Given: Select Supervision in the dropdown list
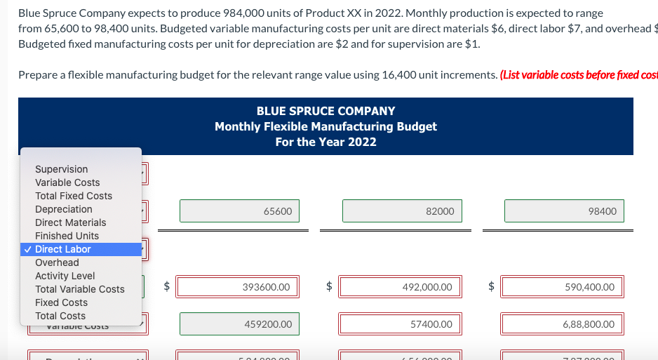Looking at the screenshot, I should (x=62, y=169).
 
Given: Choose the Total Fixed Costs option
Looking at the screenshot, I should (x=74, y=196).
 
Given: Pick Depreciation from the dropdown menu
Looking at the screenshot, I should (x=64, y=209).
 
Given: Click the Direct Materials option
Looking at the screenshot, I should (x=71, y=222).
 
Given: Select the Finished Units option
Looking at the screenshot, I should (x=67, y=236).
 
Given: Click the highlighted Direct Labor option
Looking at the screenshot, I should (x=63, y=249).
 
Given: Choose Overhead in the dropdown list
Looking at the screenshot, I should (x=58, y=262).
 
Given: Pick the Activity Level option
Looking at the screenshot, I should (x=65, y=276).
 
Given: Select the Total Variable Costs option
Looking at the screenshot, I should (x=80, y=289).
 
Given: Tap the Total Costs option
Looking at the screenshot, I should (x=60, y=316).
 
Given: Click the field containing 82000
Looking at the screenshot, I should (x=402, y=211).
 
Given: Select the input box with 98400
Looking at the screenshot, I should (x=564, y=211).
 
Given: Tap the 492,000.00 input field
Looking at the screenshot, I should (x=402, y=286).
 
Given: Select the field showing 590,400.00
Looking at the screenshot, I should (x=564, y=286).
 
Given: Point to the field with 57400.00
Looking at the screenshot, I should (x=402, y=324).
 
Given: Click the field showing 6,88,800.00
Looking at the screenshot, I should (x=564, y=324).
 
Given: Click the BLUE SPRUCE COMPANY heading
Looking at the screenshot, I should (x=325, y=111).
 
